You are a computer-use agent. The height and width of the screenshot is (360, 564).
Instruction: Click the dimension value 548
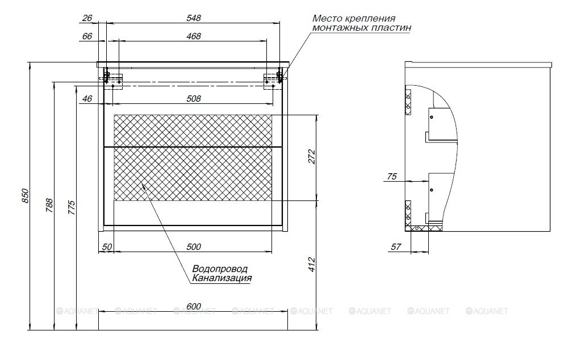(x=194, y=18)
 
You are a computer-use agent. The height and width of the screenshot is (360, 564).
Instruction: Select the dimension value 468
(x=194, y=36)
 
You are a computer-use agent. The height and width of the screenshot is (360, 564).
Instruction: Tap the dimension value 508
(x=194, y=98)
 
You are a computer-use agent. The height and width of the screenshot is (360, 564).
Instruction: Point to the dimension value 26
(x=87, y=18)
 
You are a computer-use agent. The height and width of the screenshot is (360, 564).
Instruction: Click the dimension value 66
(x=87, y=36)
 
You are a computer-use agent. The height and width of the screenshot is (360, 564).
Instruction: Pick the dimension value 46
(x=87, y=98)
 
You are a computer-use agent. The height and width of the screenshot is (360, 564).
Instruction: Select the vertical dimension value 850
(x=25, y=196)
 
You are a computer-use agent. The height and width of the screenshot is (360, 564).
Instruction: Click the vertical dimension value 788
(x=49, y=206)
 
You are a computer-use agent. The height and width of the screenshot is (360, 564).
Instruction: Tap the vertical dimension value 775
(x=71, y=208)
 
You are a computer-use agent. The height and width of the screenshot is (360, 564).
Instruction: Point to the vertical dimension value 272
(x=311, y=157)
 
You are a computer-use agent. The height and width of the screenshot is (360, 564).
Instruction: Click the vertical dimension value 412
(x=311, y=265)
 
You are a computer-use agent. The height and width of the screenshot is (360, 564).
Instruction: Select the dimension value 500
(x=194, y=246)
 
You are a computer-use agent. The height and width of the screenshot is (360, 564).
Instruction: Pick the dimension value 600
(x=194, y=307)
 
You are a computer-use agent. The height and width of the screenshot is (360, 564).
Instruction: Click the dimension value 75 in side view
(x=392, y=176)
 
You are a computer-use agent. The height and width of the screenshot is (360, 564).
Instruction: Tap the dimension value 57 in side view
(x=396, y=246)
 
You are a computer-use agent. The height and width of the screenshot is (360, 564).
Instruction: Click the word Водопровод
(x=220, y=269)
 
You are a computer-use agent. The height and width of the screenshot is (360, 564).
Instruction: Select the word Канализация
(x=222, y=278)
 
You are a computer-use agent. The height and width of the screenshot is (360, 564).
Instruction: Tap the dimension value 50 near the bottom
(x=107, y=246)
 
